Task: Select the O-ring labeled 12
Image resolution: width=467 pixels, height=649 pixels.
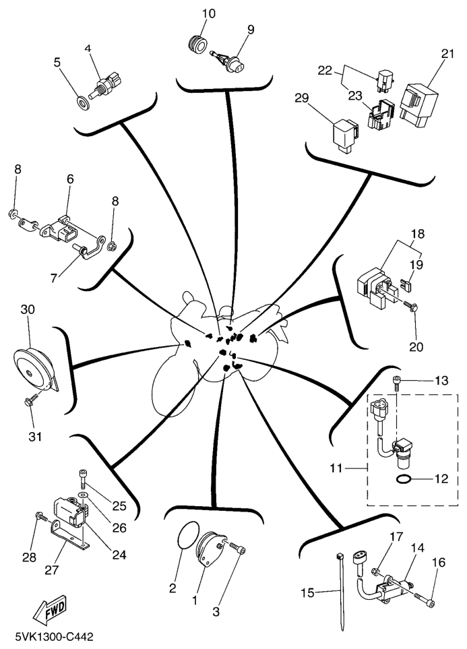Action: (x=403, y=480)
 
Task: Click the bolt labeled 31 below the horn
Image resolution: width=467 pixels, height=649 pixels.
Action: (x=28, y=402)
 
